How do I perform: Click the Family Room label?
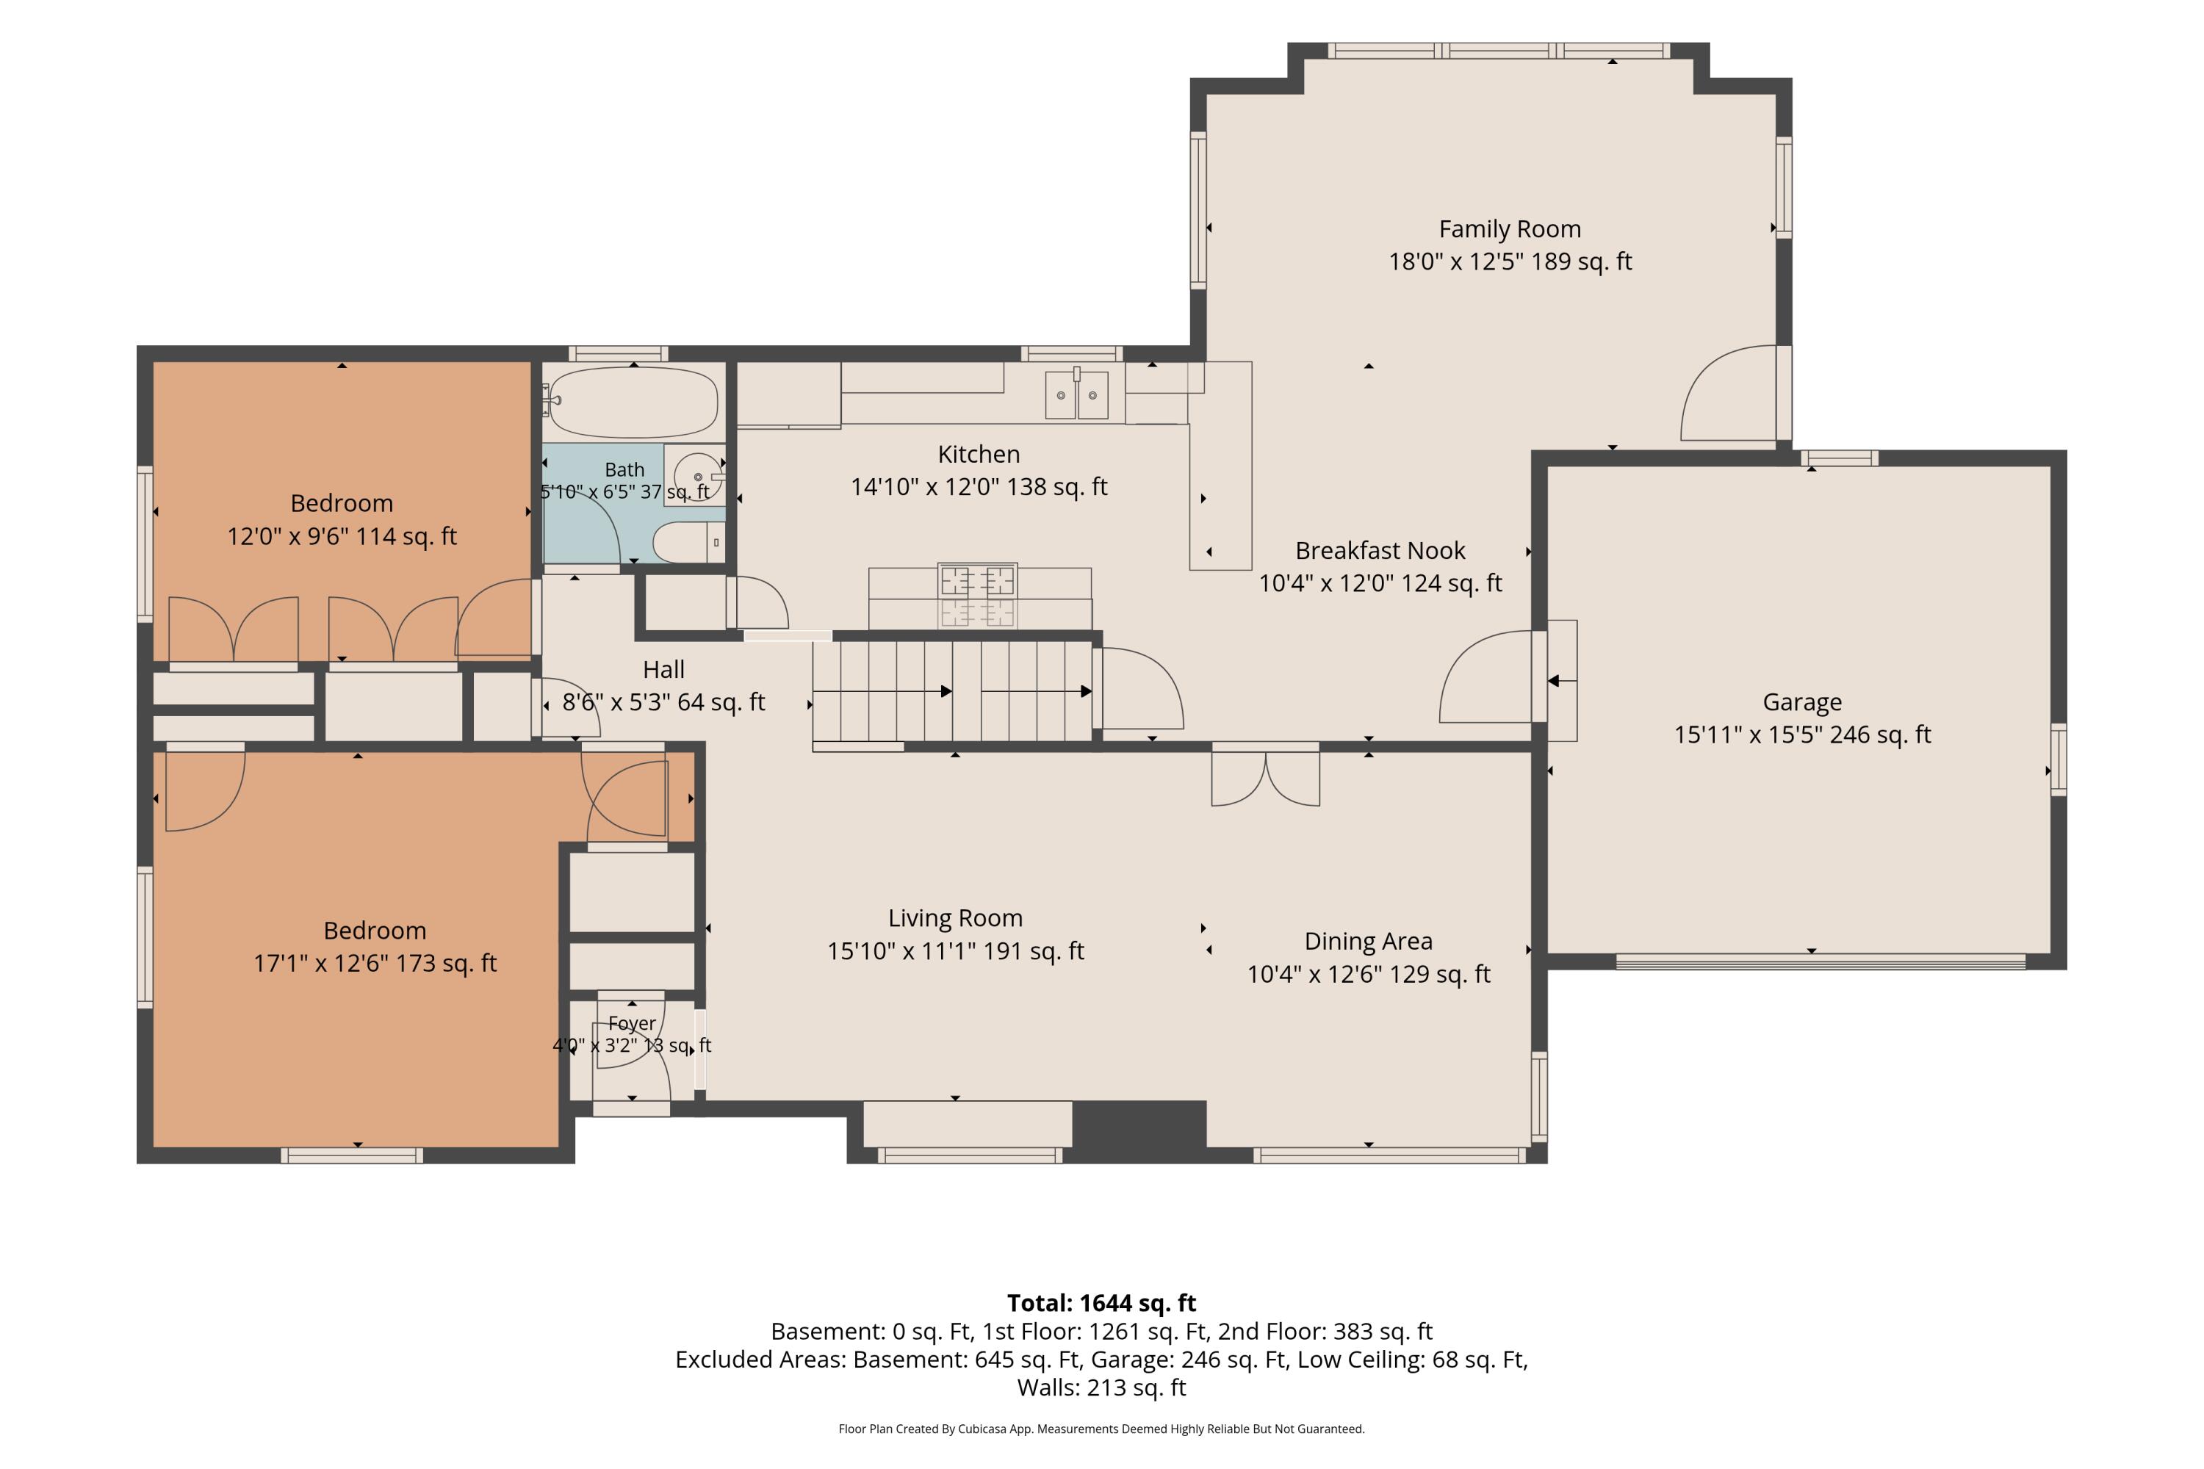pos(1510,229)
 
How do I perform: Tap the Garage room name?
pos(1802,701)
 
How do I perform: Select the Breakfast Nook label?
pos(1380,550)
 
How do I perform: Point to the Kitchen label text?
pos(979,455)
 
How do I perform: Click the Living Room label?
pos(955,918)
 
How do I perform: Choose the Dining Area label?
pos(1368,941)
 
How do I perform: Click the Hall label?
pos(663,670)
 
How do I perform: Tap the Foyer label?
pos(632,1023)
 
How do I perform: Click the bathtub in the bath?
pos(633,402)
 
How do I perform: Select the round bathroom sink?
pos(698,476)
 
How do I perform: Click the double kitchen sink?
pos(1077,394)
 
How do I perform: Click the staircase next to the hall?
pos(952,691)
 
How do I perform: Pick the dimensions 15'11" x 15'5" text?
pos(1802,734)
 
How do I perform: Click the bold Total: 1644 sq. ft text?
pos(1101,1303)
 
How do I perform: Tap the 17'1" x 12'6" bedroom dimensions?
pos(375,963)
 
